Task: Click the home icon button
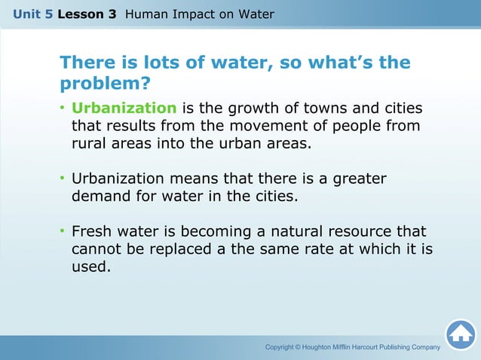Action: [x=460, y=334]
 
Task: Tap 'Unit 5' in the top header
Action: [x=32, y=14]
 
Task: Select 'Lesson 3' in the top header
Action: [x=87, y=14]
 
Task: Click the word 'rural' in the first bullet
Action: [x=90, y=143]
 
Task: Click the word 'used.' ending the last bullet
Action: [x=90, y=266]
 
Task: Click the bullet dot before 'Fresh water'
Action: [x=63, y=231]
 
